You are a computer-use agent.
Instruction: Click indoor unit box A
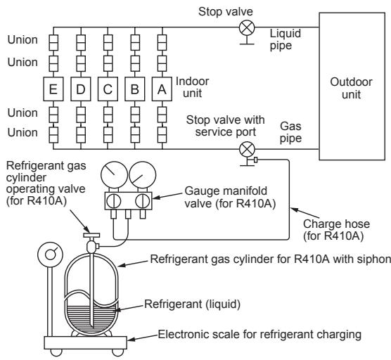(162, 89)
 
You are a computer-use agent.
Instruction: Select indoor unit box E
(53, 89)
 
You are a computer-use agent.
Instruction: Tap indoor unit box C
(108, 89)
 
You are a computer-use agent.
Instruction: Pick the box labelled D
(81, 89)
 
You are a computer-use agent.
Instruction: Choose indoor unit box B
(134, 89)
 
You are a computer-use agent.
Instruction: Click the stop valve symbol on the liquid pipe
(247, 27)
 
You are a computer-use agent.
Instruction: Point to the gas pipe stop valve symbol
(247, 150)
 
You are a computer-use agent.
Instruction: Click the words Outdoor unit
(351, 89)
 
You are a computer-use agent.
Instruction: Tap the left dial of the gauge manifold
(114, 175)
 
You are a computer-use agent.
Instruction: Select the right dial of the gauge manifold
(142, 175)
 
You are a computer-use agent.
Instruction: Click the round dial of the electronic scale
(51, 255)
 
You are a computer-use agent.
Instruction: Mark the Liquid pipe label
(286, 39)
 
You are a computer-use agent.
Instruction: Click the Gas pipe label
(290, 132)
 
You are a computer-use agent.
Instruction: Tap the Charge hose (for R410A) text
(336, 230)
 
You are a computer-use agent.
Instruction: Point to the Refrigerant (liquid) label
(192, 304)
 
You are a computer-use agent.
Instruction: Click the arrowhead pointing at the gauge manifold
(155, 198)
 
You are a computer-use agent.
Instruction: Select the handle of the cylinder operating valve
(91, 235)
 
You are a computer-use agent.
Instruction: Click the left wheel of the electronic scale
(56, 352)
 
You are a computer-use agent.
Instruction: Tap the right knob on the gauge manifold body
(142, 201)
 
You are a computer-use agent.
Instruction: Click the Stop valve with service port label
(226, 126)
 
